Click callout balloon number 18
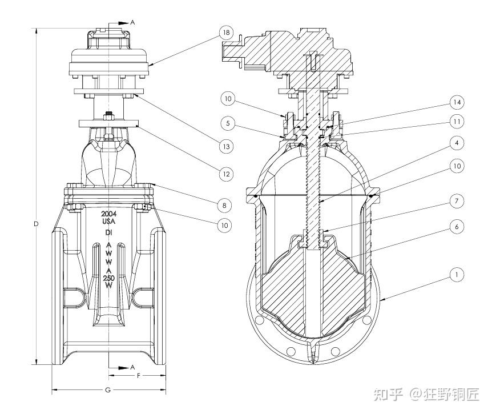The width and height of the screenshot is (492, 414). [227, 33]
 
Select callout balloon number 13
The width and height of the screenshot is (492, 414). [227, 146]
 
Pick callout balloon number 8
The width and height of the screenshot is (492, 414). [227, 204]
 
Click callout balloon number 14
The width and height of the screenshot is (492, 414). [456, 102]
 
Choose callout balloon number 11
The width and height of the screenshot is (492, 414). [456, 121]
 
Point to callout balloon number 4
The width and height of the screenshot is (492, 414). [456, 142]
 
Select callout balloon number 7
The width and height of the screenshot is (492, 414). [456, 201]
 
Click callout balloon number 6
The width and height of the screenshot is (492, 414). [456, 227]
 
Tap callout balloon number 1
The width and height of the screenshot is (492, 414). [456, 275]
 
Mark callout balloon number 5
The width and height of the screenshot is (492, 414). [227, 122]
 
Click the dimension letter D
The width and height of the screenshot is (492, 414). [35, 224]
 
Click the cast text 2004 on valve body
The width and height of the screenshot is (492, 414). [109, 212]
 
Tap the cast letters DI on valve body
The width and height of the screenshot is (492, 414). [108, 233]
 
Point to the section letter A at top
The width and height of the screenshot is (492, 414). [132, 22]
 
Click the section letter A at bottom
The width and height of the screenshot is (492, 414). [132, 366]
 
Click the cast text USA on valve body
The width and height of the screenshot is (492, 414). [109, 220]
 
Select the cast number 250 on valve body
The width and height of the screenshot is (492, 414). [108, 277]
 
